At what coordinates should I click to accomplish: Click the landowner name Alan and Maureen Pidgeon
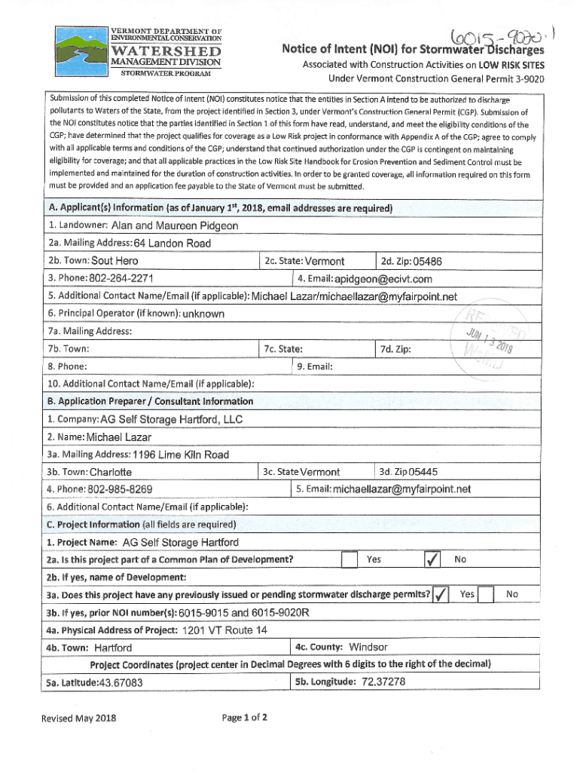(175, 225)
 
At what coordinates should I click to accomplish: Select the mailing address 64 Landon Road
(172, 243)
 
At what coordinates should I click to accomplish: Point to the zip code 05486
(422, 262)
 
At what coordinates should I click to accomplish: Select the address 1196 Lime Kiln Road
(180, 455)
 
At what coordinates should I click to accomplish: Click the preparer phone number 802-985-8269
(121, 489)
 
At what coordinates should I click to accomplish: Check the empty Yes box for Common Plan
(348, 560)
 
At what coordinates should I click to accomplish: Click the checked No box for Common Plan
(432, 560)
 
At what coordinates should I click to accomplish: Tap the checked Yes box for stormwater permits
(441, 595)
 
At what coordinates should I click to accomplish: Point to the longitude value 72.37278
(383, 682)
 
